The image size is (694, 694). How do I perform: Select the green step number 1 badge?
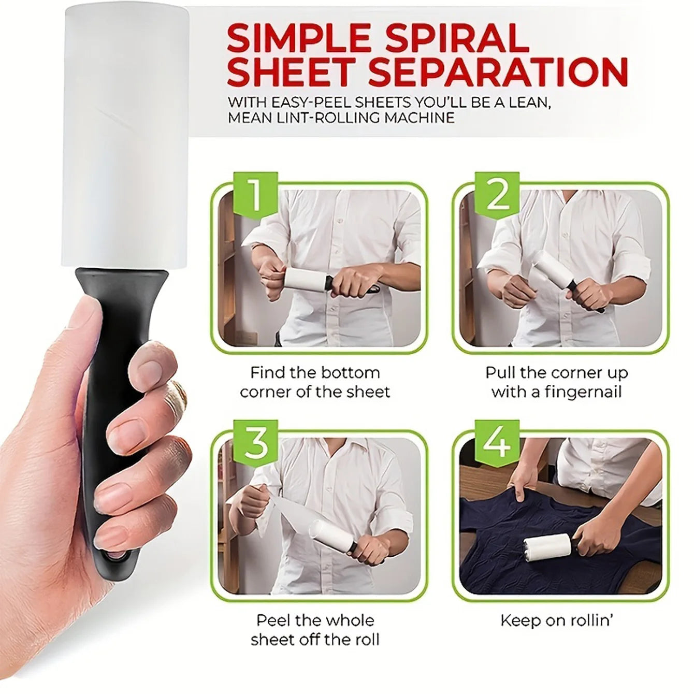[x=255, y=196]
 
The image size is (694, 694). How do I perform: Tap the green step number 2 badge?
[x=498, y=196]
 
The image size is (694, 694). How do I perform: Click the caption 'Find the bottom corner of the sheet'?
[x=315, y=382]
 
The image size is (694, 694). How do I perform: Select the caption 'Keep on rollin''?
[x=557, y=620]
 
